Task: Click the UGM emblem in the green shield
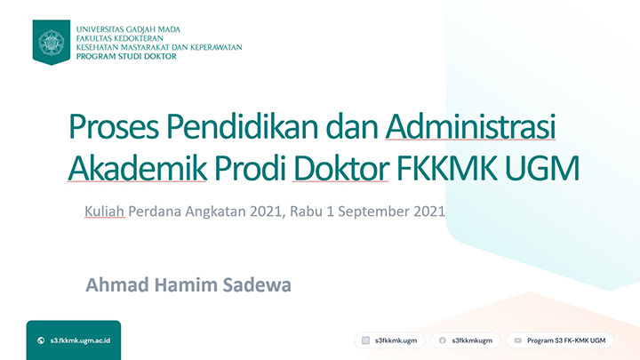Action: point(52,42)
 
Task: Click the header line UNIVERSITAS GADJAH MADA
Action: point(128,29)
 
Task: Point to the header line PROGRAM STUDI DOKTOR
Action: point(126,56)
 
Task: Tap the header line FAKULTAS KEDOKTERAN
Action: point(120,38)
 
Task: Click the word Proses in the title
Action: point(114,127)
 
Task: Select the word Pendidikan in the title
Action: point(242,126)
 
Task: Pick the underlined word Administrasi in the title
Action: point(470,126)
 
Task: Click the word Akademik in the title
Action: point(138,168)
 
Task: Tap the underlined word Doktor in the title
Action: point(340,168)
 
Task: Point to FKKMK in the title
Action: point(447,168)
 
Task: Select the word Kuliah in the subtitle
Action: point(105,211)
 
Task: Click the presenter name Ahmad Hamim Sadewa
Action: point(188,285)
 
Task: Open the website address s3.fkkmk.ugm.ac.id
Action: point(80,340)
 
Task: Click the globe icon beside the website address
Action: point(41,340)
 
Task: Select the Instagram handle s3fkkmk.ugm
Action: point(396,340)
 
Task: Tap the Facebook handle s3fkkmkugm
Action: point(472,340)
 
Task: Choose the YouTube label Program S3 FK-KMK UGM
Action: point(566,340)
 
